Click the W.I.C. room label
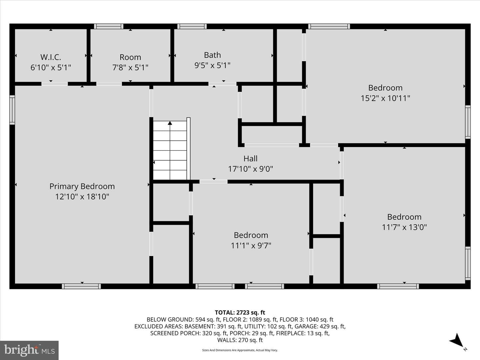[51, 57]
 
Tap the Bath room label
[212, 55]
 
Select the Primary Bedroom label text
[82, 186]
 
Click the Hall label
[250, 158]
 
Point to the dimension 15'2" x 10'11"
[385, 98]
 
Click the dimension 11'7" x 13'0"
[404, 227]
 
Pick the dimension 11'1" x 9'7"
[251, 245]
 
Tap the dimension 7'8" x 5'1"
[130, 67]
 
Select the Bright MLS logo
[29, 350]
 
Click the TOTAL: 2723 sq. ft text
[240, 313]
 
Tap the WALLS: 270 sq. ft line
[240, 340]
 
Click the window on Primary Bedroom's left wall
[12, 110]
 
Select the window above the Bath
[192, 26]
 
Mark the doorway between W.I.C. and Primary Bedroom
[54, 84]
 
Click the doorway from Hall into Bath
[222, 84]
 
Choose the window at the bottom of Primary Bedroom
[81, 286]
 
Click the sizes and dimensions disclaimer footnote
[240, 350]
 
